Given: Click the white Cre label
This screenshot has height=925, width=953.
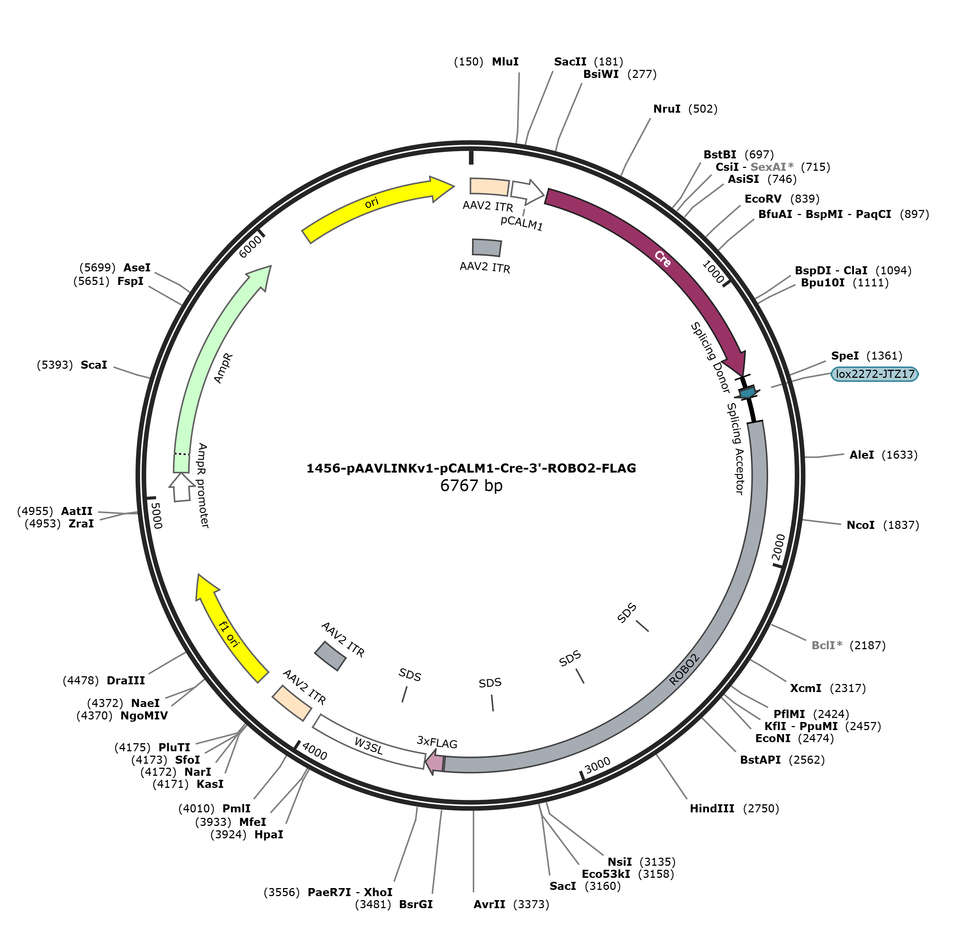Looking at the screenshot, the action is point(662,259).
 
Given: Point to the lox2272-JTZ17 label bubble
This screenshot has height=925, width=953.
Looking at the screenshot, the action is point(875,374).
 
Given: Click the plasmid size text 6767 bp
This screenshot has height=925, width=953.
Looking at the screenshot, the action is point(471,486).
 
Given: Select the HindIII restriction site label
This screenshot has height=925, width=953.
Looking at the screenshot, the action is point(712,809).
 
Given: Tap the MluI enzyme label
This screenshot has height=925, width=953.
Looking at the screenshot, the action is point(505,62).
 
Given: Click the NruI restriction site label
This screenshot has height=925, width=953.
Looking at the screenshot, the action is point(667,109).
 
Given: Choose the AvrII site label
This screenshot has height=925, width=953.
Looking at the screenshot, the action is point(489,905).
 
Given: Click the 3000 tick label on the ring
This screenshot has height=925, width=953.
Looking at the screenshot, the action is point(597,766).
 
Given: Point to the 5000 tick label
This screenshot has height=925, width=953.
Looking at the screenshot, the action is point(156,515).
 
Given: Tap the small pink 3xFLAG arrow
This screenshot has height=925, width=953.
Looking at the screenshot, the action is point(435,763).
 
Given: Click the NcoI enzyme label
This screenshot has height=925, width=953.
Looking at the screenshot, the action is point(861,525).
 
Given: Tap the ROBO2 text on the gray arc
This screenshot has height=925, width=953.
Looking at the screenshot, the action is point(685,670).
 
